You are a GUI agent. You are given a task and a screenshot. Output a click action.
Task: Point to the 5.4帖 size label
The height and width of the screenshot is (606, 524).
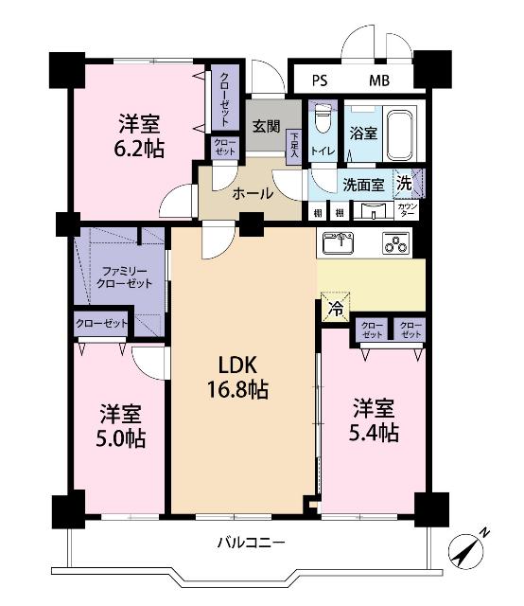tap(376, 433)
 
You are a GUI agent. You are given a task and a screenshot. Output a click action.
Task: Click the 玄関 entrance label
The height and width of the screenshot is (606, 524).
tap(265, 126)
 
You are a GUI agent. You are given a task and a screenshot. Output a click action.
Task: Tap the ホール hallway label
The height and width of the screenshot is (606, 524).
tap(253, 194)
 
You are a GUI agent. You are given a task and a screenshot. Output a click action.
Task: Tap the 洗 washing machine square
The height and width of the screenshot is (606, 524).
tap(405, 181)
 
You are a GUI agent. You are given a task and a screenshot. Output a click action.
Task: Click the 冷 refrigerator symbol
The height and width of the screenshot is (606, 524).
tap(335, 306)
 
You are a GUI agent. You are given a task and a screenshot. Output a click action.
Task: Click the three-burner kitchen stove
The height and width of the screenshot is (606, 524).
tap(395, 242)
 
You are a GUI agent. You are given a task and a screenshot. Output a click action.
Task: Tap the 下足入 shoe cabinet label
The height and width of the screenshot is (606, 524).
tap(294, 143)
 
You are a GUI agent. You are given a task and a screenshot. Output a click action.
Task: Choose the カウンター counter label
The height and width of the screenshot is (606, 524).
tap(408, 208)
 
